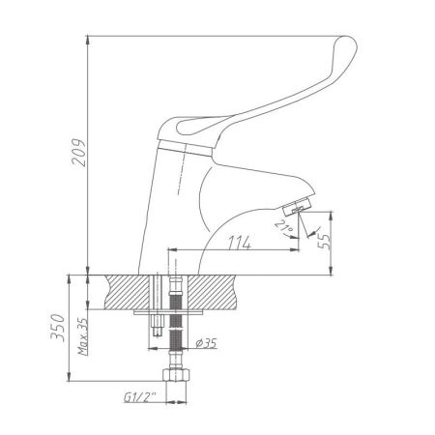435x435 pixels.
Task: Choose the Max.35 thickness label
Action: pos(84,331)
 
